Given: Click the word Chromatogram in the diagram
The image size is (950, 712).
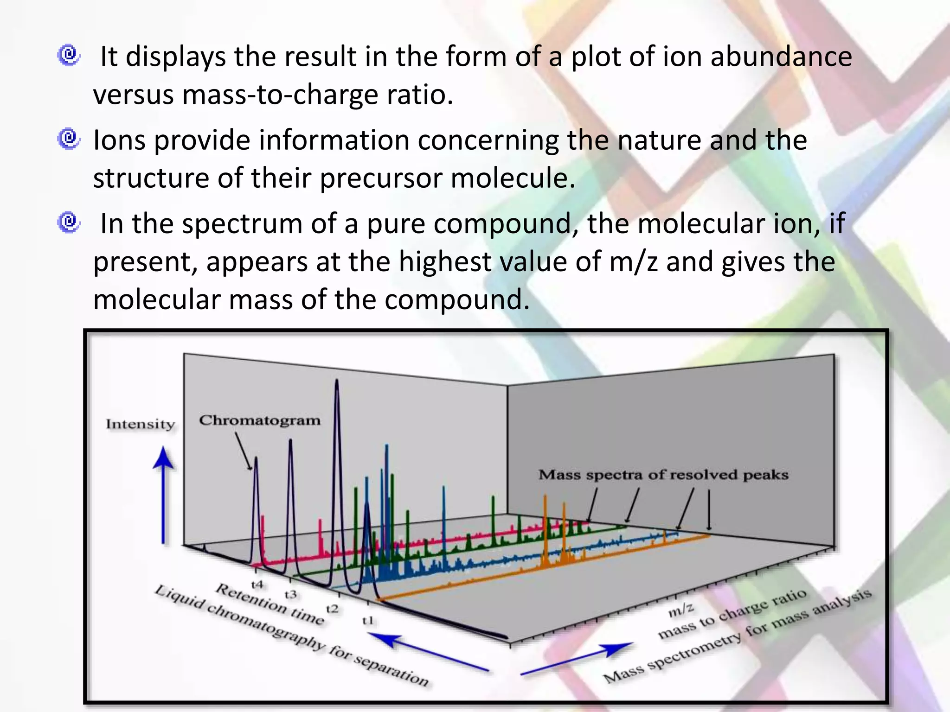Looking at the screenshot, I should (x=260, y=420).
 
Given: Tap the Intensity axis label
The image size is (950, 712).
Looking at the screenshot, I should (x=140, y=424).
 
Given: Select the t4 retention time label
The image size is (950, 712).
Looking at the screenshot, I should (x=257, y=584).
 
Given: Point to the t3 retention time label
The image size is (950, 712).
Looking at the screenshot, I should (x=291, y=594).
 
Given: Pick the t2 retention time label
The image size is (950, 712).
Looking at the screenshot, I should (x=332, y=609).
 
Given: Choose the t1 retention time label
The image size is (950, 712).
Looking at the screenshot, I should (x=368, y=620).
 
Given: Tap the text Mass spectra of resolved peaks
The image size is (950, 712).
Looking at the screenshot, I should (x=663, y=475).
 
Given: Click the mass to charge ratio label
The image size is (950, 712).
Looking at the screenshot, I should (x=733, y=613).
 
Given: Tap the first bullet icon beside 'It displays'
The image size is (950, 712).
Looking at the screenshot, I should (x=69, y=56).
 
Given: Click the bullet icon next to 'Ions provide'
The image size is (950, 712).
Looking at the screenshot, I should (x=69, y=139).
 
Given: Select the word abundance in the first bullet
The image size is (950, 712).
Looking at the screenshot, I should (x=781, y=57).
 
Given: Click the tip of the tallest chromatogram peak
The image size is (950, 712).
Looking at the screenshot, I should (x=337, y=381).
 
